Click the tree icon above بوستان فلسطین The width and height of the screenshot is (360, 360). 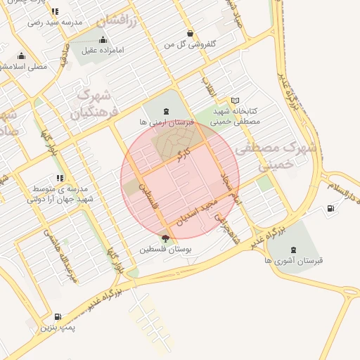click(x=165, y=238)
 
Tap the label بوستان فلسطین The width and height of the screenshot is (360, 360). click(x=165, y=249)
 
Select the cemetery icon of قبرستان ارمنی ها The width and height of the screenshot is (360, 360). click(x=166, y=111)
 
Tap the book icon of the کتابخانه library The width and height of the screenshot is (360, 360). click(x=235, y=101)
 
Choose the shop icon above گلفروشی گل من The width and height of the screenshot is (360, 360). click(x=190, y=34)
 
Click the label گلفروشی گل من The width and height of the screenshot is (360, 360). click(x=190, y=44)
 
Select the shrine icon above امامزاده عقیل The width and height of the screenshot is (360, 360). click(x=103, y=39)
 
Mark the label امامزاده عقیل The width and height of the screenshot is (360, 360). click(x=103, y=50)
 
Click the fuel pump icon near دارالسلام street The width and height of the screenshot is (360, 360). click(x=330, y=208)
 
